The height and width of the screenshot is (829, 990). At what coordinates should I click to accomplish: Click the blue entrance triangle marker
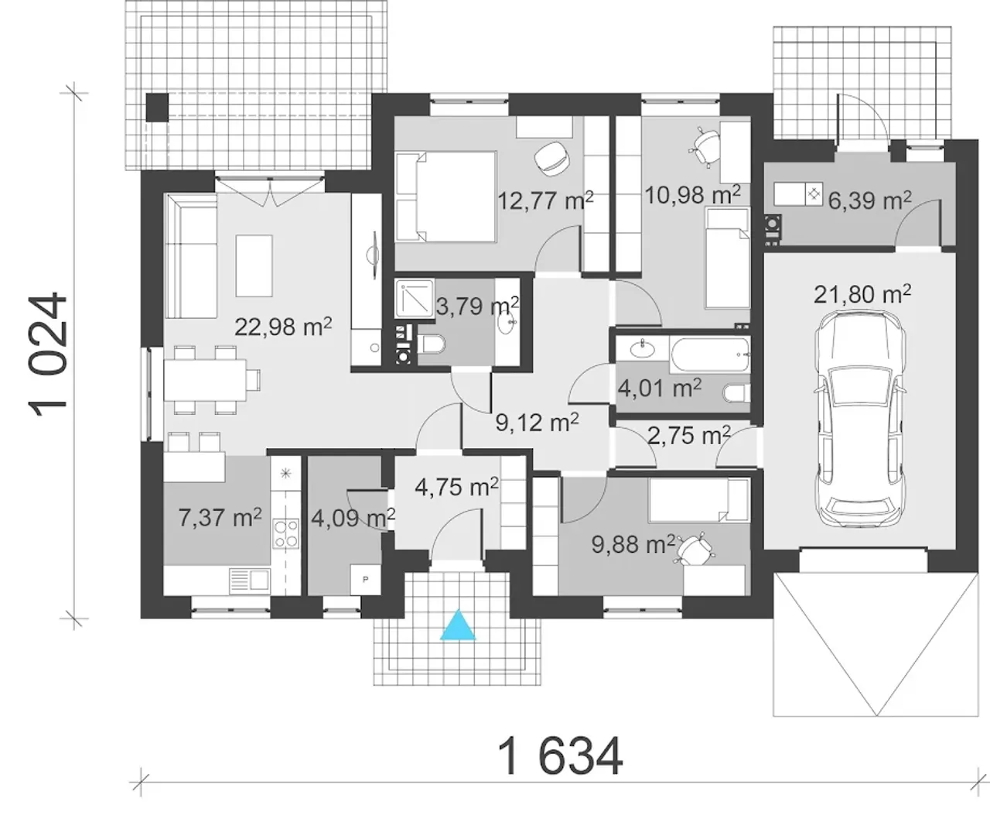[x=458, y=626]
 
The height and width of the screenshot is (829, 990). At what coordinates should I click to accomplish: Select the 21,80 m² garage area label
[x=862, y=294]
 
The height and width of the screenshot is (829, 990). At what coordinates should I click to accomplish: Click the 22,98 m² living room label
[x=283, y=326]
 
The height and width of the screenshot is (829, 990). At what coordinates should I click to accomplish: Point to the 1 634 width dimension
[x=560, y=756]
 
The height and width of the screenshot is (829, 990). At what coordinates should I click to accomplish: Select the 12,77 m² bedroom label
[x=545, y=200]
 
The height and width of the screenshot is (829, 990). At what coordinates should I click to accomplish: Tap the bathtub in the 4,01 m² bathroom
[x=710, y=355]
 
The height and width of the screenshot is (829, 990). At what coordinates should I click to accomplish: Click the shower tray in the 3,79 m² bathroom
[x=415, y=299]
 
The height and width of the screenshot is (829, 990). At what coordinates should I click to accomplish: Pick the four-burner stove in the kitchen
[x=286, y=534]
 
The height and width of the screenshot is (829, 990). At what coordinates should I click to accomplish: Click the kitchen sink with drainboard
[x=250, y=581]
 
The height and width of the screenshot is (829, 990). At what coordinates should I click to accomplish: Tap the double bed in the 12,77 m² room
[x=445, y=197]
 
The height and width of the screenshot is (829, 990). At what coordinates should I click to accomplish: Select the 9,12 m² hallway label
[x=537, y=421]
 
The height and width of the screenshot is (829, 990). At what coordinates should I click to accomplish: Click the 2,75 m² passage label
[x=689, y=435]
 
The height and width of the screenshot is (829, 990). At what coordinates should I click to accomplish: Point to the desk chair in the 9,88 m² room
[x=695, y=550]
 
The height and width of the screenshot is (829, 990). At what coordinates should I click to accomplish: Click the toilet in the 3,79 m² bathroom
[x=432, y=344]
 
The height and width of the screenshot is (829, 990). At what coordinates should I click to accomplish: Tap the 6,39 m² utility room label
[x=869, y=200]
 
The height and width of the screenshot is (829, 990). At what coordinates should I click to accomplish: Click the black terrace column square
[x=157, y=108]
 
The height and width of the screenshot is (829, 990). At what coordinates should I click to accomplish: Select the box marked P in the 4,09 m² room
[x=365, y=580]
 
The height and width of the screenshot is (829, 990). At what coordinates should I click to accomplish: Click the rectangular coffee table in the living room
[x=254, y=266]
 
